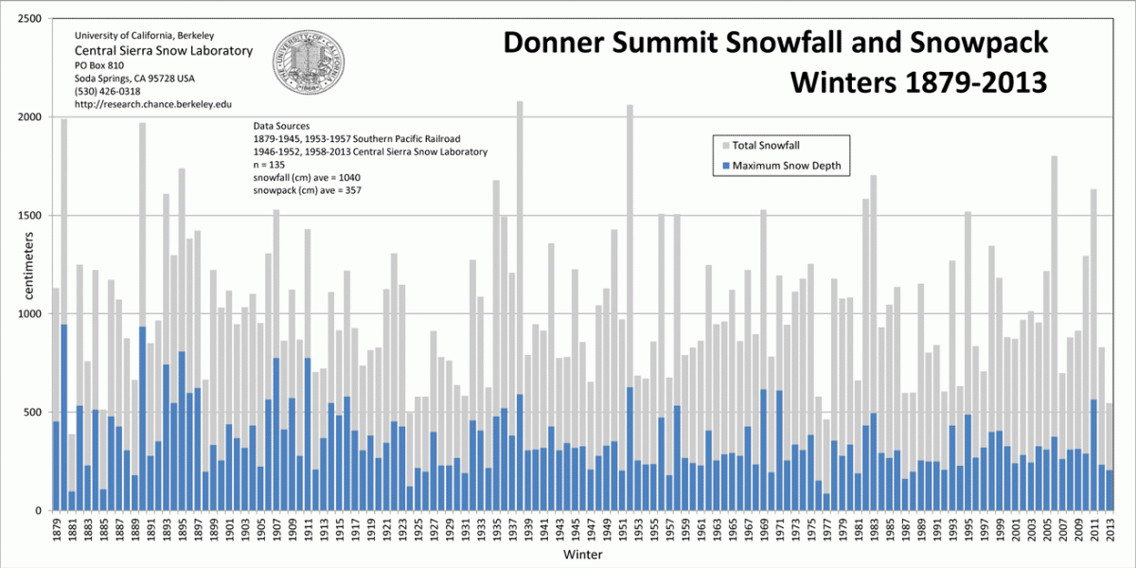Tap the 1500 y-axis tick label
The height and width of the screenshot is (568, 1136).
pyautogui.click(x=27, y=216)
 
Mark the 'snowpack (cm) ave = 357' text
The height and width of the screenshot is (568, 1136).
pyautogui.click(x=308, y=190)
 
